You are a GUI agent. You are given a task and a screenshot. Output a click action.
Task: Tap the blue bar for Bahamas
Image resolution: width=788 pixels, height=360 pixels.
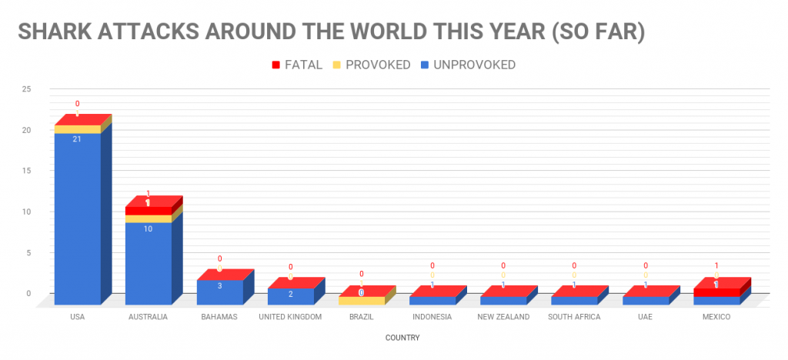coord(219,292)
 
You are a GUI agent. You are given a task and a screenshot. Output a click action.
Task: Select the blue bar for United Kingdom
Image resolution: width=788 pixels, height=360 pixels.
coord(290,296)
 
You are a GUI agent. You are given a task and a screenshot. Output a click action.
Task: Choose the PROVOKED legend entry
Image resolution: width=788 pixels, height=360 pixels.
coord(372,65)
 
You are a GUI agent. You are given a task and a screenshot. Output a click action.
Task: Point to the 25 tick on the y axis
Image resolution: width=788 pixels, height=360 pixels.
coord(26,89)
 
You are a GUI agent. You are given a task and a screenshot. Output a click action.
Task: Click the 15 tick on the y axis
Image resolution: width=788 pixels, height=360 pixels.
coord(26,171)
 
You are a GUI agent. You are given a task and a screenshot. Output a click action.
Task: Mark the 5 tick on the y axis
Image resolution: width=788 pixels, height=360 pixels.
coord(28,252)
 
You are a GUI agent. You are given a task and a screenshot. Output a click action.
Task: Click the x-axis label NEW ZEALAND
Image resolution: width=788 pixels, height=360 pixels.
coord(503,317)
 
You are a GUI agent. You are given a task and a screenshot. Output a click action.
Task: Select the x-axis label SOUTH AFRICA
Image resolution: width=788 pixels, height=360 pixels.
coord(574,317)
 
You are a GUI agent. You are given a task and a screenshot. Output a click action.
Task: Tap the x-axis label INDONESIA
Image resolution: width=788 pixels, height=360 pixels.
coord(432,317)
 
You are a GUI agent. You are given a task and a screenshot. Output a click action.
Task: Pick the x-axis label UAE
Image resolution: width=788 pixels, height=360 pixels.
coord(645,317)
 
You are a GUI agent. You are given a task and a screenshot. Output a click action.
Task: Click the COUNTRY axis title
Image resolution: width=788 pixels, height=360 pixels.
coord(405,337)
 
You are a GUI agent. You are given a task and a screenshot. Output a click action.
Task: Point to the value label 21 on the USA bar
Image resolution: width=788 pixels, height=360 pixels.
coord(77,139)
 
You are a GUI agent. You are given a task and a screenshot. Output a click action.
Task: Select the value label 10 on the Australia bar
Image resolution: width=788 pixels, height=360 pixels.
coord(148,228)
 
